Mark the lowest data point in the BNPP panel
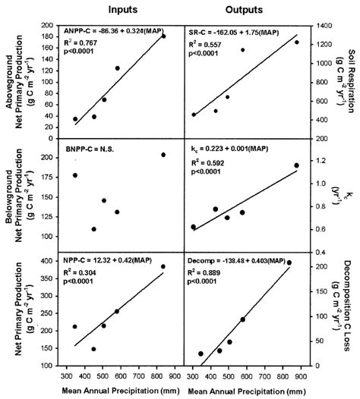tap(94, 229)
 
